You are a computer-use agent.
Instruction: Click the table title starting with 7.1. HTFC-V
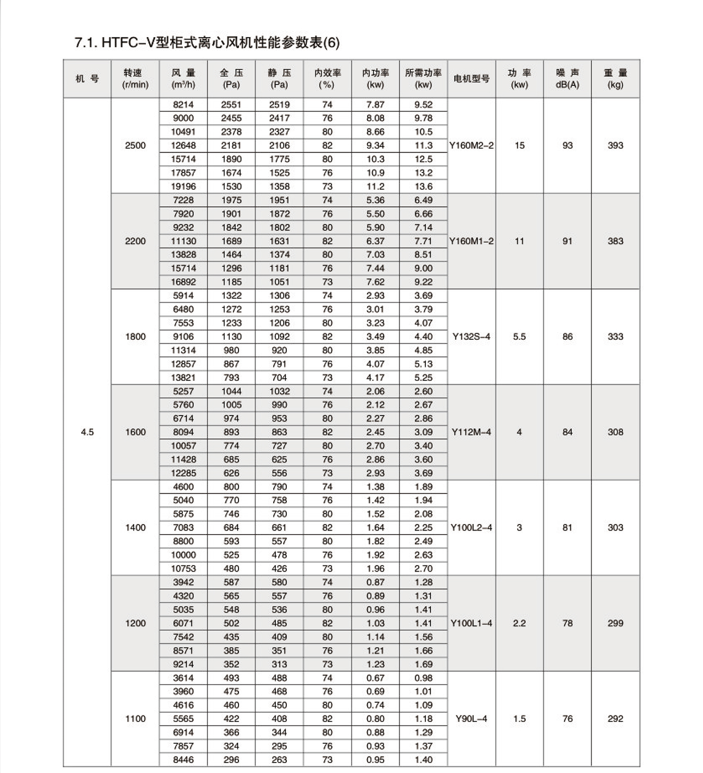click(207, 43)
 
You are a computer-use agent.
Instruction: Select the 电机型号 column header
click(471, 79)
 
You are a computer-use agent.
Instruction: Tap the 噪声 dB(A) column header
click(567, 79)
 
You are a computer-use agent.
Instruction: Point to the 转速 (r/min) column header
click(135, 79)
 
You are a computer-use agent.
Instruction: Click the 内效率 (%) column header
click(327, 79)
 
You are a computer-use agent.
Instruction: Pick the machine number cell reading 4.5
click(87, 432)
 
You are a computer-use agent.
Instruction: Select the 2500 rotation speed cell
click(135, 146)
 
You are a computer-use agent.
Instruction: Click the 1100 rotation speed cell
click(135, 719)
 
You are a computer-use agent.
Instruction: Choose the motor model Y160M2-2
click(471, 146)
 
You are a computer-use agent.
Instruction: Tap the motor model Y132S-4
click(471, 337)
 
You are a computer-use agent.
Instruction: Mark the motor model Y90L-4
click(471, 719)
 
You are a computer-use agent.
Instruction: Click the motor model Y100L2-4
click(471, 528)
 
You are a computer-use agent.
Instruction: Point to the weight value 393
click(615, 146)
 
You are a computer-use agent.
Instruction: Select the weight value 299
click(615, 623)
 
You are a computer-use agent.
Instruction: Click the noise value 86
click(567, 337)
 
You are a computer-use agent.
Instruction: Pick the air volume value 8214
click(183, 105)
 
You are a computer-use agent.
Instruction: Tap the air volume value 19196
click(183, 186)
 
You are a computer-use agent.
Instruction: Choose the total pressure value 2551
click(231, 105)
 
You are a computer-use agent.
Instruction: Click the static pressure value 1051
click(279, 282)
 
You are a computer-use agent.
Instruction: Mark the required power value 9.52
click(423, 105)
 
